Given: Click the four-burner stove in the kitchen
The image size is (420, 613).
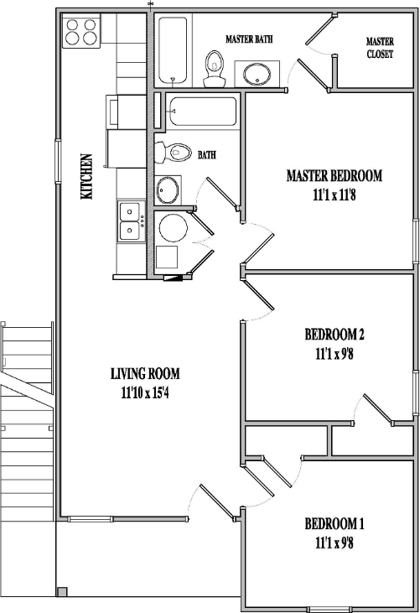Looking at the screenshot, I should click(x=81, y=31).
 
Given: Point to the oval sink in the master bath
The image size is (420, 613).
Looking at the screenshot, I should click(x=257, y=75).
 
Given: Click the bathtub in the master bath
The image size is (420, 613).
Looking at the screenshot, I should click(x=173, y=49).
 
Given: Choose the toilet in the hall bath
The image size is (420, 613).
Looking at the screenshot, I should click(x=170, y=153).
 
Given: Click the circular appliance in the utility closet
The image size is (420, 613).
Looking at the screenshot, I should click(x=174, y=228).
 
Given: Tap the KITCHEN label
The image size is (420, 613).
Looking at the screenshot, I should click(x=86, y=176).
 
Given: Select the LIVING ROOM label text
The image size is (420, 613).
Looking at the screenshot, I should click(x=145, y=374).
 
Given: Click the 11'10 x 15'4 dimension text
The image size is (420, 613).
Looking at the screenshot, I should click(x=145, y=392).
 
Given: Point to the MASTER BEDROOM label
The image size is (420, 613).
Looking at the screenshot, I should click(x=334, y=176).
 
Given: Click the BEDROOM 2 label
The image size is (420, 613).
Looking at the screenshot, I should click(x=334, y=335).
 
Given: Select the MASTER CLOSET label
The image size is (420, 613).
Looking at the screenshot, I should click(x=380, y=48).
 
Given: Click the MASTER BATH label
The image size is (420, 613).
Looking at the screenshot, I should click(x=249, y=39).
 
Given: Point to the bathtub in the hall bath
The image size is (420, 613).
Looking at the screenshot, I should click(x=202, y=112).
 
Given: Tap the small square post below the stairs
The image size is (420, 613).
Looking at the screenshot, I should click(x=61, y=592).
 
